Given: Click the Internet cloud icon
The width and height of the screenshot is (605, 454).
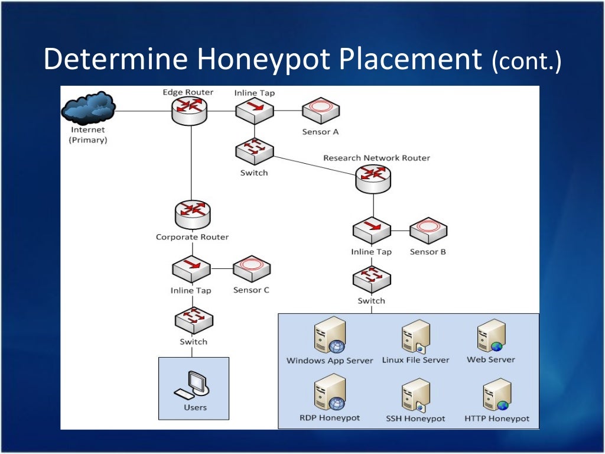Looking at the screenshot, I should [88, 108].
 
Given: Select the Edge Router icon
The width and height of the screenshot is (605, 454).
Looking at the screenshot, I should [190, 110].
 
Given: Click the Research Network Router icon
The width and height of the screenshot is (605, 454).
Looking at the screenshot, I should [373, 178].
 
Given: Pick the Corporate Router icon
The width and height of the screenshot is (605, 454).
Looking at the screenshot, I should [193, 216].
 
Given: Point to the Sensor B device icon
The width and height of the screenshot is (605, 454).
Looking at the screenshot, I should [428, 231].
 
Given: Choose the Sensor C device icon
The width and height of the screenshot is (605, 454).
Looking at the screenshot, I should [251, 269].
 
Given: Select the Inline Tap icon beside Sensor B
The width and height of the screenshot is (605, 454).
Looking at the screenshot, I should [372, 231].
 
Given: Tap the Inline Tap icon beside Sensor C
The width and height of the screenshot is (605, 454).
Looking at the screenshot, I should [191, 269].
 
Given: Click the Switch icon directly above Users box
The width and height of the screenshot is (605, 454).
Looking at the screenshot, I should [194, 321].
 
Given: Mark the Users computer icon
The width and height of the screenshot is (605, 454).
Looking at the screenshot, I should [191, 385].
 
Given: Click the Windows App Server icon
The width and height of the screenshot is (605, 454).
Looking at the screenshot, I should [330, 336].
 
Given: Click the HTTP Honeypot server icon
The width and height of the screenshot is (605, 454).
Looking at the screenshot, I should [496, 395].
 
